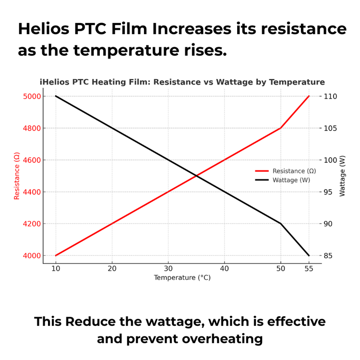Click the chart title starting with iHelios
click(x=182, y=82)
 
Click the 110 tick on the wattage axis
click(x=331, y=96)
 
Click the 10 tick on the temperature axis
click(x=56, y=269)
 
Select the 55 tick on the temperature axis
click(x=309, y=269)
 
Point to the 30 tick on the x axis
click(x=168, y=269)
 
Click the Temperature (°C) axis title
click(x=182, y=278)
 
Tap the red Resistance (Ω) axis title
click(x=17, y=176)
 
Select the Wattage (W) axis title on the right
click(x=342, y=176)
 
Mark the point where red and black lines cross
click(x=196, y=176)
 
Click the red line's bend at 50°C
click(x=281, y=128)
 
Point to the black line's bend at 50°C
click(x=281, y=224)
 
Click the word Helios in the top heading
click(x=48, y=29)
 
